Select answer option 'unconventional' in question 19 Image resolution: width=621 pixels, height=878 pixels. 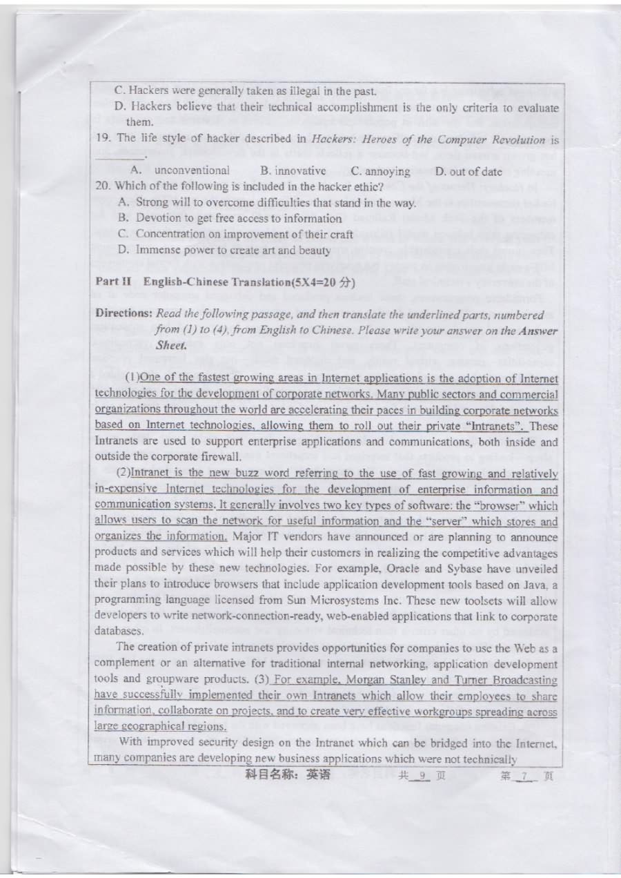click(192, 170)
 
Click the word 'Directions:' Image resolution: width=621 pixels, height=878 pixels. click(124, 314)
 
